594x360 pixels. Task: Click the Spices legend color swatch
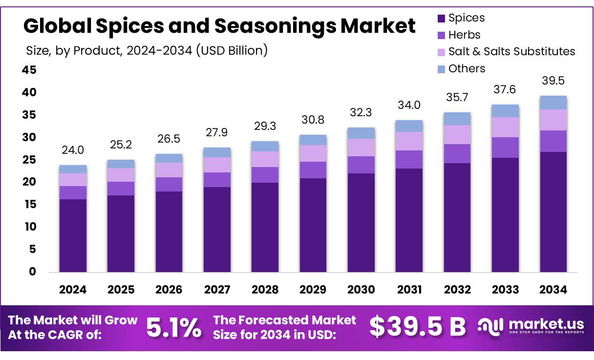[x=441, y=19]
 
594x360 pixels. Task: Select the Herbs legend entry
[x=464, y=35]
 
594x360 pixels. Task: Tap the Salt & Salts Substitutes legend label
[x=511, y=52]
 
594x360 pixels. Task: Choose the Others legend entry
[x=467, y=69]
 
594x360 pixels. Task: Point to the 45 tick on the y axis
[x=29, y=70]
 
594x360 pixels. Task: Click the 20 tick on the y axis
[x=29, y=182]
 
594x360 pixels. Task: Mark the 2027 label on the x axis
[x=217, y=290]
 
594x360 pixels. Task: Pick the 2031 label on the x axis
[x=409, y=290]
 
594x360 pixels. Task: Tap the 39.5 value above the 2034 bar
[x=553, y=81]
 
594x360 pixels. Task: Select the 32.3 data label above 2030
[x=361, y=113]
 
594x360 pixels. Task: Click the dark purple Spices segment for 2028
[x=265, y=227]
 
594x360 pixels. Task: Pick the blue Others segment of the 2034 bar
[x=553, y=103]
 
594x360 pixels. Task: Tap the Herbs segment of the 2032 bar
[x=457, y=153]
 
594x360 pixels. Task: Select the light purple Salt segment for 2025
[x=121, y=175]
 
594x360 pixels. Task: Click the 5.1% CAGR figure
[x=174, y=328]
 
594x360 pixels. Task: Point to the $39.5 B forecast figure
[x=418, y=327]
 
